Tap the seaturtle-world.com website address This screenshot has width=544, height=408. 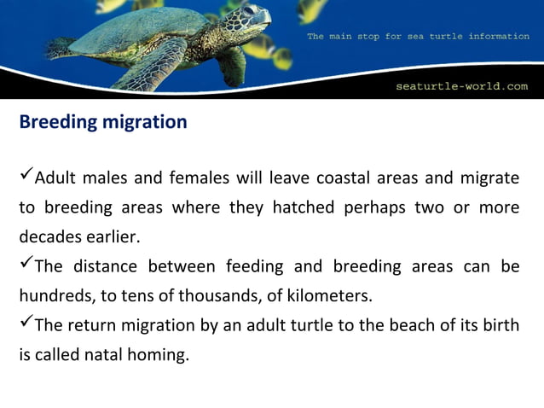(462, 86)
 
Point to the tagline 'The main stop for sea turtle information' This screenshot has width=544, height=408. (417, 37)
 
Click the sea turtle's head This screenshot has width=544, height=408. (253, 17)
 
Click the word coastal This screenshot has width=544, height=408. (341, 178)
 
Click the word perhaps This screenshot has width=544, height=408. (372, 207)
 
